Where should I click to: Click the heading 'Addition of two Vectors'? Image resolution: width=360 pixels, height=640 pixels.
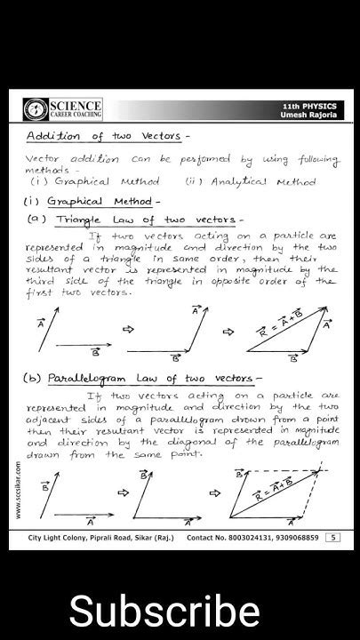tap(106, 136)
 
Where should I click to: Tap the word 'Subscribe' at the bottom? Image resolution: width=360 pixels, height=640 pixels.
tap(164, 612)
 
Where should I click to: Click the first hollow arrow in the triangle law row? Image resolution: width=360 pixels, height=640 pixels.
tap(127, 329)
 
